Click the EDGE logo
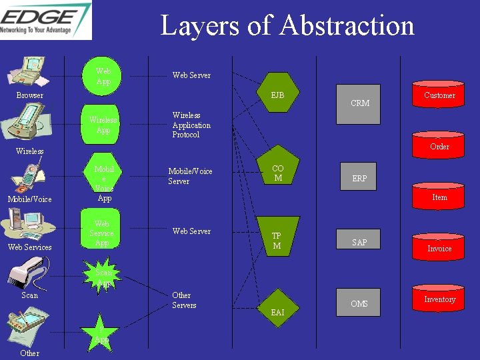(45, 19)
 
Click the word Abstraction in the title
(347, 26)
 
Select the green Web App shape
(103, 76)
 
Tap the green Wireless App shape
(103, 125)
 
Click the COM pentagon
(277, 173)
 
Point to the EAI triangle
(277, 304)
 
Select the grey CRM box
(359, 103)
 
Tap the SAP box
(359, 241)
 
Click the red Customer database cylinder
(439, 95)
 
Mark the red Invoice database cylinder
(439, 247)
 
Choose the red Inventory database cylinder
(439, 299)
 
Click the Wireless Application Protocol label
(191, 125)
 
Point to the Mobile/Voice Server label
(190, 176)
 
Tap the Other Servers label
(184, 300)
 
